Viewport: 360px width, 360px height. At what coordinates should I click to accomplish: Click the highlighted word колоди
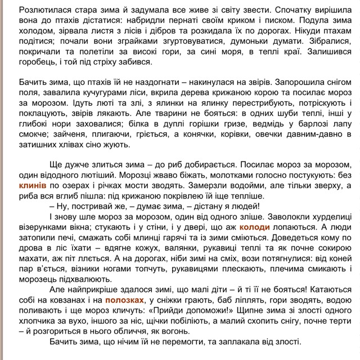[x=254, y=227]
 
